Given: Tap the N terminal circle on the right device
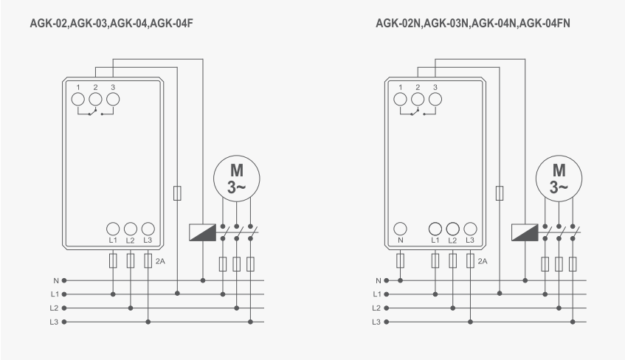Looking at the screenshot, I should pyautogui.click(x=401, y=229).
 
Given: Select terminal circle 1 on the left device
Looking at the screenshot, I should pyautogui.click(x=78, y=97).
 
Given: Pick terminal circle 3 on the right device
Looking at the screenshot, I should pyautogui.click(x=435, y=97).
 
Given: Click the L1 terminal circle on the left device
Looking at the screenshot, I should pyautogui.click(x=113, y=229).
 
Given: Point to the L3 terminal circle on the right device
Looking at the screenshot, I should pyautogui.click(x=470, y=229).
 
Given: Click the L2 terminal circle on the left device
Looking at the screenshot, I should pyautogui.click(x=131, y=229).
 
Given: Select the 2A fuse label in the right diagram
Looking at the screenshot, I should pyautogui.click(x=483, y=261).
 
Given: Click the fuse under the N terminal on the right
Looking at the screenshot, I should pyautogui.click(x=401, y=260).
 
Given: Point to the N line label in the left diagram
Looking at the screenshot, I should pyautogui.click(x=56, y=280).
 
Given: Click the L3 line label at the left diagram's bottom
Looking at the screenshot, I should pyautogui.click(x=55, y=322).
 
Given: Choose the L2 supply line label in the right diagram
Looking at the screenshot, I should pyautogui.click(x=377, y=308).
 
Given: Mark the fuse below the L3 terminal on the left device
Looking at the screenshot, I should pyautogui.click(x=148, y=260).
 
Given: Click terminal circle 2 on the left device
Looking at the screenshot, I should pyautogui.click(x=95, y=97).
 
